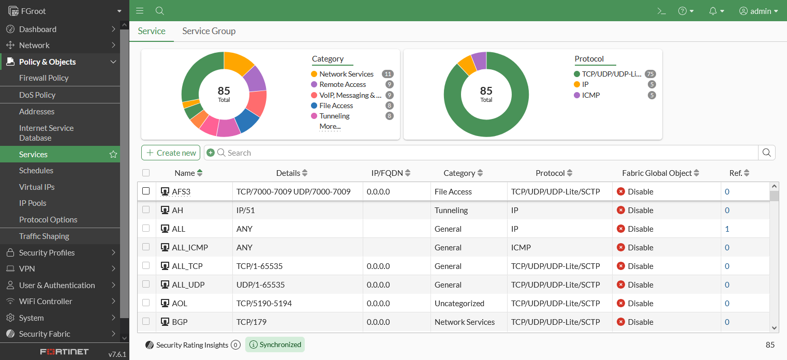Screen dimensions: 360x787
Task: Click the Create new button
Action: pyautogui.click(x=171, y=153)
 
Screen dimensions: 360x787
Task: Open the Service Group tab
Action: pyautogui.click(x=209, y=31)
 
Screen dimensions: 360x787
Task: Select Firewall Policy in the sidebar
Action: pyautogui.click(x=43, y=78)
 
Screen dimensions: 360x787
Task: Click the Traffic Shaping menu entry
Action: pyautogui.click(x=44, y=236)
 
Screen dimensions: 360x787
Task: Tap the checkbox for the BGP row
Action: pyautogui.click(x=146, y=321)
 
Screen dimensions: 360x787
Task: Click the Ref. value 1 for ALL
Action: pyautogui.click(x=727, y=229)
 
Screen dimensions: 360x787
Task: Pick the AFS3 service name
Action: pyautogui.click(x=181, y=192)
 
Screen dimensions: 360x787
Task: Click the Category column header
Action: pyautogui.click(x=459, y=173)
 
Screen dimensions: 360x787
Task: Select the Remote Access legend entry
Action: pyautogui.click(x=342, y=84)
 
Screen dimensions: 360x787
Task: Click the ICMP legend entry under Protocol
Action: pyautogui.click(x=590, y=95)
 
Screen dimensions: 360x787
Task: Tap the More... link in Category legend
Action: pyautogui.click(x=330, y=126)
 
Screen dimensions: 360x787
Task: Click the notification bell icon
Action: pyautogui.click(x=713, y=11)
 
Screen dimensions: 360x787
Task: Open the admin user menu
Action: pyautogui.click(x=759, y=11)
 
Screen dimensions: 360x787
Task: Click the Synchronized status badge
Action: pyautogui.click(x=275, y=344)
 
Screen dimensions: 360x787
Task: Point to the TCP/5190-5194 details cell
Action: pyautogui.click(x=264, y=304)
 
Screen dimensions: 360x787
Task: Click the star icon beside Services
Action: pyautogui.click(x=113, y=154)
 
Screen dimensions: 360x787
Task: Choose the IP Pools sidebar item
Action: pyautogui.click(x=33, y=203)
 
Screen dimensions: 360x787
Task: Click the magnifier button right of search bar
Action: pyautogui.click(x=766, y=153)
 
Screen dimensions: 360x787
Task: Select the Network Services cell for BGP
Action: pyautogui.click(x=465, y=322)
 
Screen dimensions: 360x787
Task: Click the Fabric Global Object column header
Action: pyautogui.click(x=657, y=173)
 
